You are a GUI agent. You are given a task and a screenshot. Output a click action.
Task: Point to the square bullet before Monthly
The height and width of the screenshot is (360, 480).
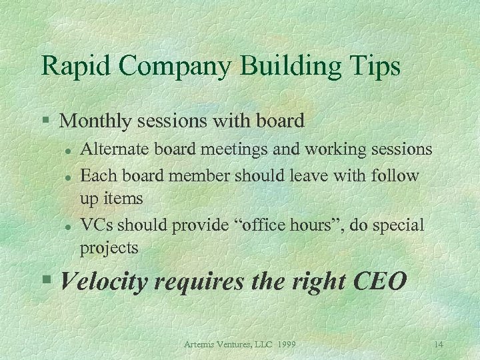pos(45,121)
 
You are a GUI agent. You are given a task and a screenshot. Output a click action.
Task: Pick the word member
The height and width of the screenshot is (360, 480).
pos(198,175)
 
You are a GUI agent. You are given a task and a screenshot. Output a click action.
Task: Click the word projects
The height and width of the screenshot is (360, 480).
pos(109,249)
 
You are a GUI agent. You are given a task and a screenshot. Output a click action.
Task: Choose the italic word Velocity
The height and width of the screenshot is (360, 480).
pos(104,282)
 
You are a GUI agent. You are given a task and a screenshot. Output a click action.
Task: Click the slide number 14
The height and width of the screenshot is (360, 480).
pos(438,344)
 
